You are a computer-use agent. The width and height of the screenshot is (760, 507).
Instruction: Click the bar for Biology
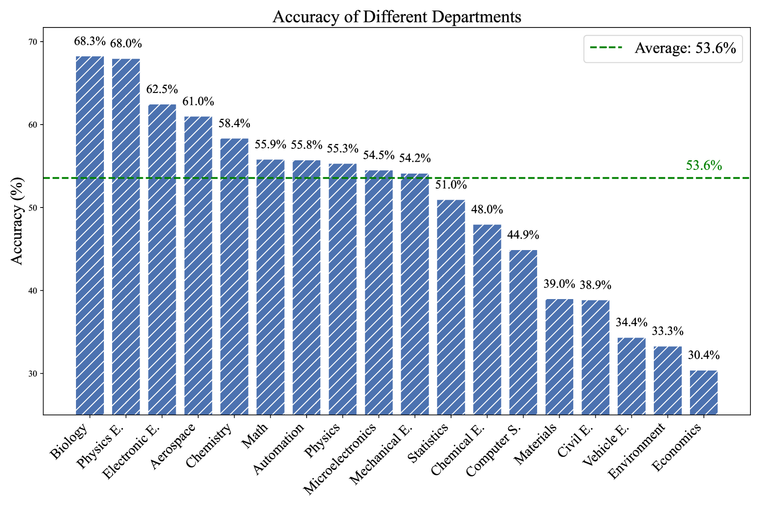tap(90, 235)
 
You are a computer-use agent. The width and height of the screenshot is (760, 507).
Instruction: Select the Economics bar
tap(704, 393)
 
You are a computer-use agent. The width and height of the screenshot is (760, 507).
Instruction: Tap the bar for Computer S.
tap(523, 332)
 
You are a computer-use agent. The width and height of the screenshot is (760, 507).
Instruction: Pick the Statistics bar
tap(451, 307)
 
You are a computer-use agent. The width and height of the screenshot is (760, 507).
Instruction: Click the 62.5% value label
tap(162, 89)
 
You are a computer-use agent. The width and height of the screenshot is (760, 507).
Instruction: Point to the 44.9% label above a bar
tap(523, 234)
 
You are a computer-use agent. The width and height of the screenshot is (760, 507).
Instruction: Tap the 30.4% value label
tap(704, 355)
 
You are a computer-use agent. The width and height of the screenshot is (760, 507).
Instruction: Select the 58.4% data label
tap(234, 123)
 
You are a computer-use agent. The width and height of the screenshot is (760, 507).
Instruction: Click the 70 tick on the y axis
tap(33, 42)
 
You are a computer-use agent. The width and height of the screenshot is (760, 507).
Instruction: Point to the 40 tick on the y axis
tap(33, 291)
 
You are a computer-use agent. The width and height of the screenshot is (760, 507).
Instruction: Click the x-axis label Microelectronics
tap(340, 458)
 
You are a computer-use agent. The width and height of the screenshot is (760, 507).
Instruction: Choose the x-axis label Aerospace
tap(173, 446)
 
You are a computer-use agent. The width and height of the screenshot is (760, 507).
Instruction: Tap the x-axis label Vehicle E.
tap(606, 445)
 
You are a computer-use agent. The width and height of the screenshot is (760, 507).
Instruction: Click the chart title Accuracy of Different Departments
tap(397, 16)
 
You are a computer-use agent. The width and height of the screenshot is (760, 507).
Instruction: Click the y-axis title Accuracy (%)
tap(17, 221)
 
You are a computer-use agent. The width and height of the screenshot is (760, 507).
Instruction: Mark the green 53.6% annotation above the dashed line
tap(704, 165)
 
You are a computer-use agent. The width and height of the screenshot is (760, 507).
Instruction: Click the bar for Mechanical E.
tap(415, 294)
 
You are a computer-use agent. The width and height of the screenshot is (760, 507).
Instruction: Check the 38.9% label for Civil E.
tap(595, 285)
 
